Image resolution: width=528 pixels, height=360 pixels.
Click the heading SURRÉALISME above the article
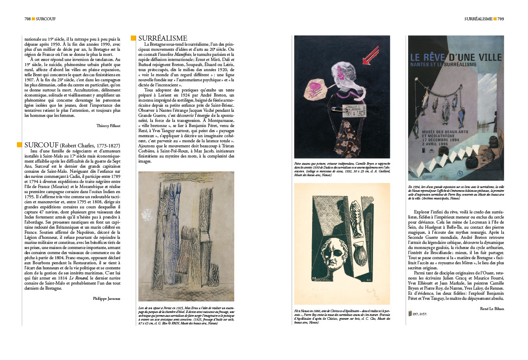(x=163, y=39)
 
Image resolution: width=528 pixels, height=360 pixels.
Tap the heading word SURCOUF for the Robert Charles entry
(x=41, y=145)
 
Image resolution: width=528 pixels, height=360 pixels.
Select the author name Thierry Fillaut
(x=108, y=125)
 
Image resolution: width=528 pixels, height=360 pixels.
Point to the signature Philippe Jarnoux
(x=107, y=298)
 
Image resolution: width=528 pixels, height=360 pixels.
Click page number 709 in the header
(x=500, y=19)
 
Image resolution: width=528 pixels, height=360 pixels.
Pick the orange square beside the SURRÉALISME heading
(x=133, y=39)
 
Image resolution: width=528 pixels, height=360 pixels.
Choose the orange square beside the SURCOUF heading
(x=19, y=145)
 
